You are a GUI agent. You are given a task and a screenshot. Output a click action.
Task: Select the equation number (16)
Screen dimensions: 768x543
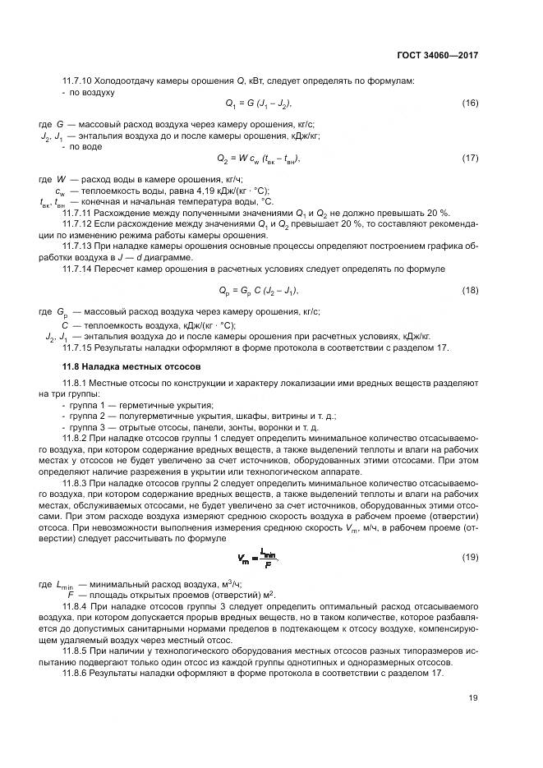pos(470,103)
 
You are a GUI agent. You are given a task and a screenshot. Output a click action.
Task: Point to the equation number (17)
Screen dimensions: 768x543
pos(470,158)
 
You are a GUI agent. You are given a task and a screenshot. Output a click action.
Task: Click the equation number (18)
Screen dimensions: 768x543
pos(470,290)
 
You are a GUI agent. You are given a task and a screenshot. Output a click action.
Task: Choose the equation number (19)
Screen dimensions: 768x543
pos(470,557)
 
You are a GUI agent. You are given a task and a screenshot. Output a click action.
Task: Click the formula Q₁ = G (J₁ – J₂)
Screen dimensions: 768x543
pos(259,103)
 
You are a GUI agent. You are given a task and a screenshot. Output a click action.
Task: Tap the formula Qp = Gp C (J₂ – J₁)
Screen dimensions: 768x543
pos(259,291)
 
